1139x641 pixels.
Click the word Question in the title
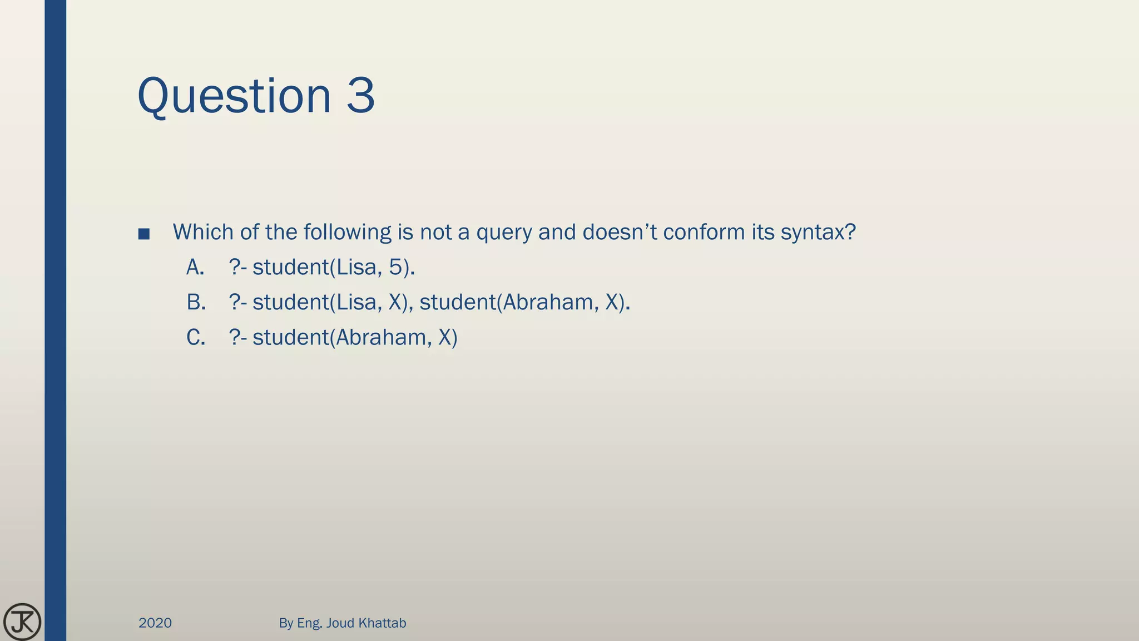click(234, 96)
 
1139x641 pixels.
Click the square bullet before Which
click(144, 234)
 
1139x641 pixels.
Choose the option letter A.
click(195, 268)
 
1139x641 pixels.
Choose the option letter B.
click(196, 303)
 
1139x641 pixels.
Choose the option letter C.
click(196, 338)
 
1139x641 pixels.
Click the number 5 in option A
click(395, 268)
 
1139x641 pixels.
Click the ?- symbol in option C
click(237, 338)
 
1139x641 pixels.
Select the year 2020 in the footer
click(155, 623)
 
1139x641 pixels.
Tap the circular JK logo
click(22, 622)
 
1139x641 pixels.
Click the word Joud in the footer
click(340, 623)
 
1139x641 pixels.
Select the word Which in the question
click(204, 232)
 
